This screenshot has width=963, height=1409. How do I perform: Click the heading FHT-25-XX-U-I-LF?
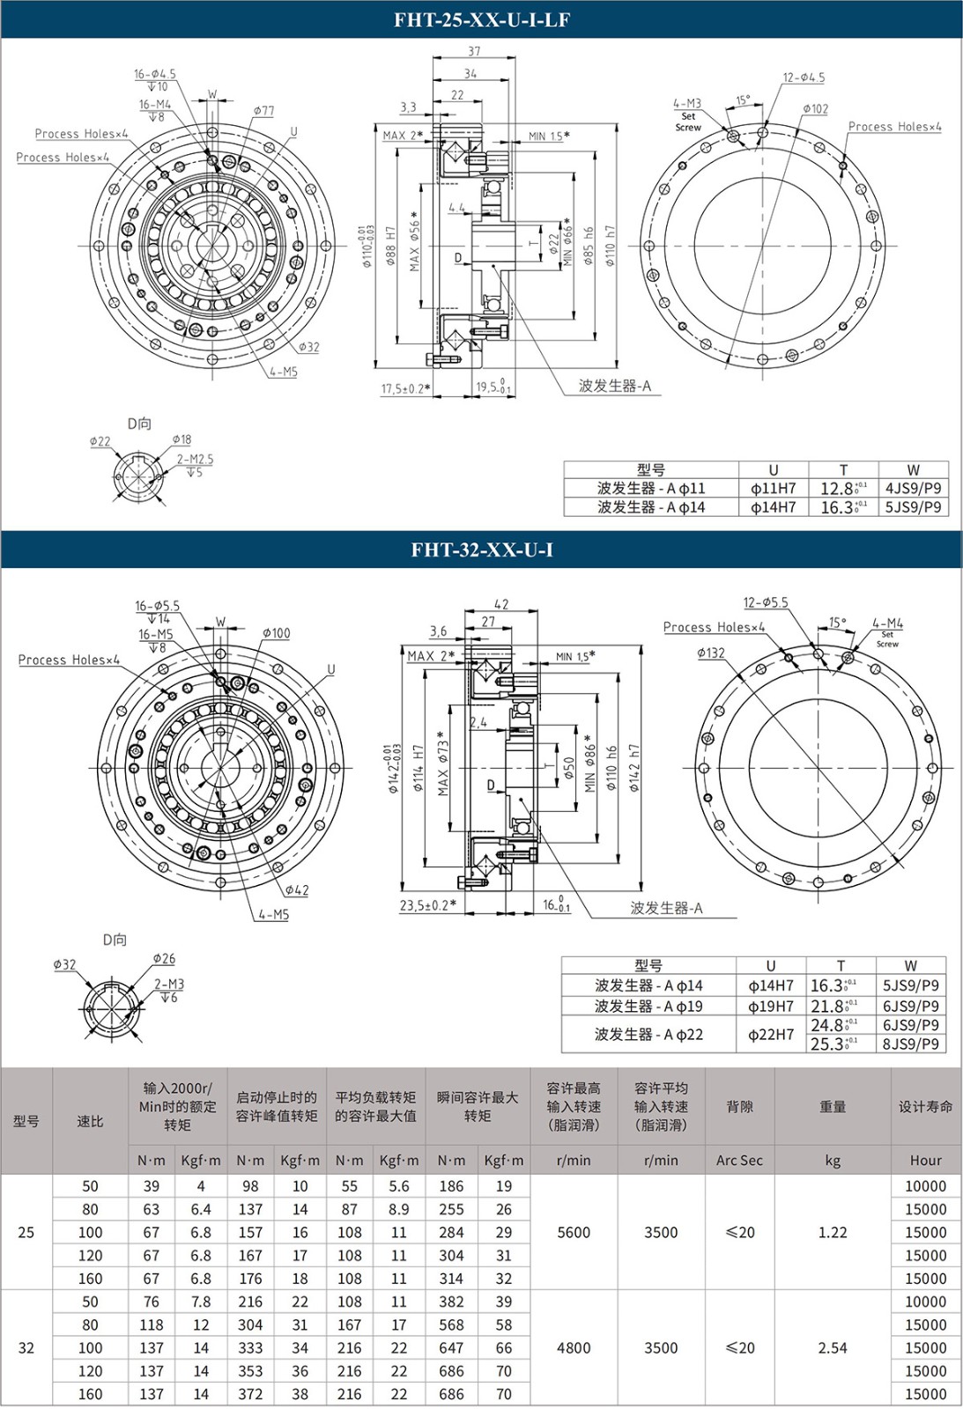[x=481, y=19]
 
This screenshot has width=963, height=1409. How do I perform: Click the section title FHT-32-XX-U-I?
[x=481, y=550]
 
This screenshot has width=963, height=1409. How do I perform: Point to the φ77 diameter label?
[x=263, y=111]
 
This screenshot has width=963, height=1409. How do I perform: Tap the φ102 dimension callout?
[x=815, y=109]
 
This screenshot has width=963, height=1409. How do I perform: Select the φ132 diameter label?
[x=710, y=653]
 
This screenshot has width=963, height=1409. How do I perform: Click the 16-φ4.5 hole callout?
[x=155, y=75]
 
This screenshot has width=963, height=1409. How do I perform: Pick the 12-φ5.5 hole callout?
[x=766, y=603]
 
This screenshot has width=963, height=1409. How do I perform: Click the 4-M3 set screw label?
[x=687, y=104]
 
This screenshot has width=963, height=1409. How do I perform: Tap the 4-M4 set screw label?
[x=887, y=623]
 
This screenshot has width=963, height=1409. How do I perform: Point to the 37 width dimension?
[x=474, y=52]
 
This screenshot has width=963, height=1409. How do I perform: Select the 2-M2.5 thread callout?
[x=195, y=460]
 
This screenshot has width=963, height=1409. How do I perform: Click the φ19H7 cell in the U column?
[x=770, y=1006]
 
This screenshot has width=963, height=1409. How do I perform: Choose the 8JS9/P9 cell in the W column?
[x=910, y=1044]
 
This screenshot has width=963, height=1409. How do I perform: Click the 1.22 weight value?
[x=832, y=1233]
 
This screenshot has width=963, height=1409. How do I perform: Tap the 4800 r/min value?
[x=574, y=1348]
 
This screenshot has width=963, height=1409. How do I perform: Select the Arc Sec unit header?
[x=739, y=1161]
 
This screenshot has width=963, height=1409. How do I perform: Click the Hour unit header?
[x=925, y=1161]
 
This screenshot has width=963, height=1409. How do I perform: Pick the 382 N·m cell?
[x=451, y=1302]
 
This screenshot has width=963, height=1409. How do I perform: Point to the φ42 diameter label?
[x=297, y=890]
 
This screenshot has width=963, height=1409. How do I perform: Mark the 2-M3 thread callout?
[x=169, y=985]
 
